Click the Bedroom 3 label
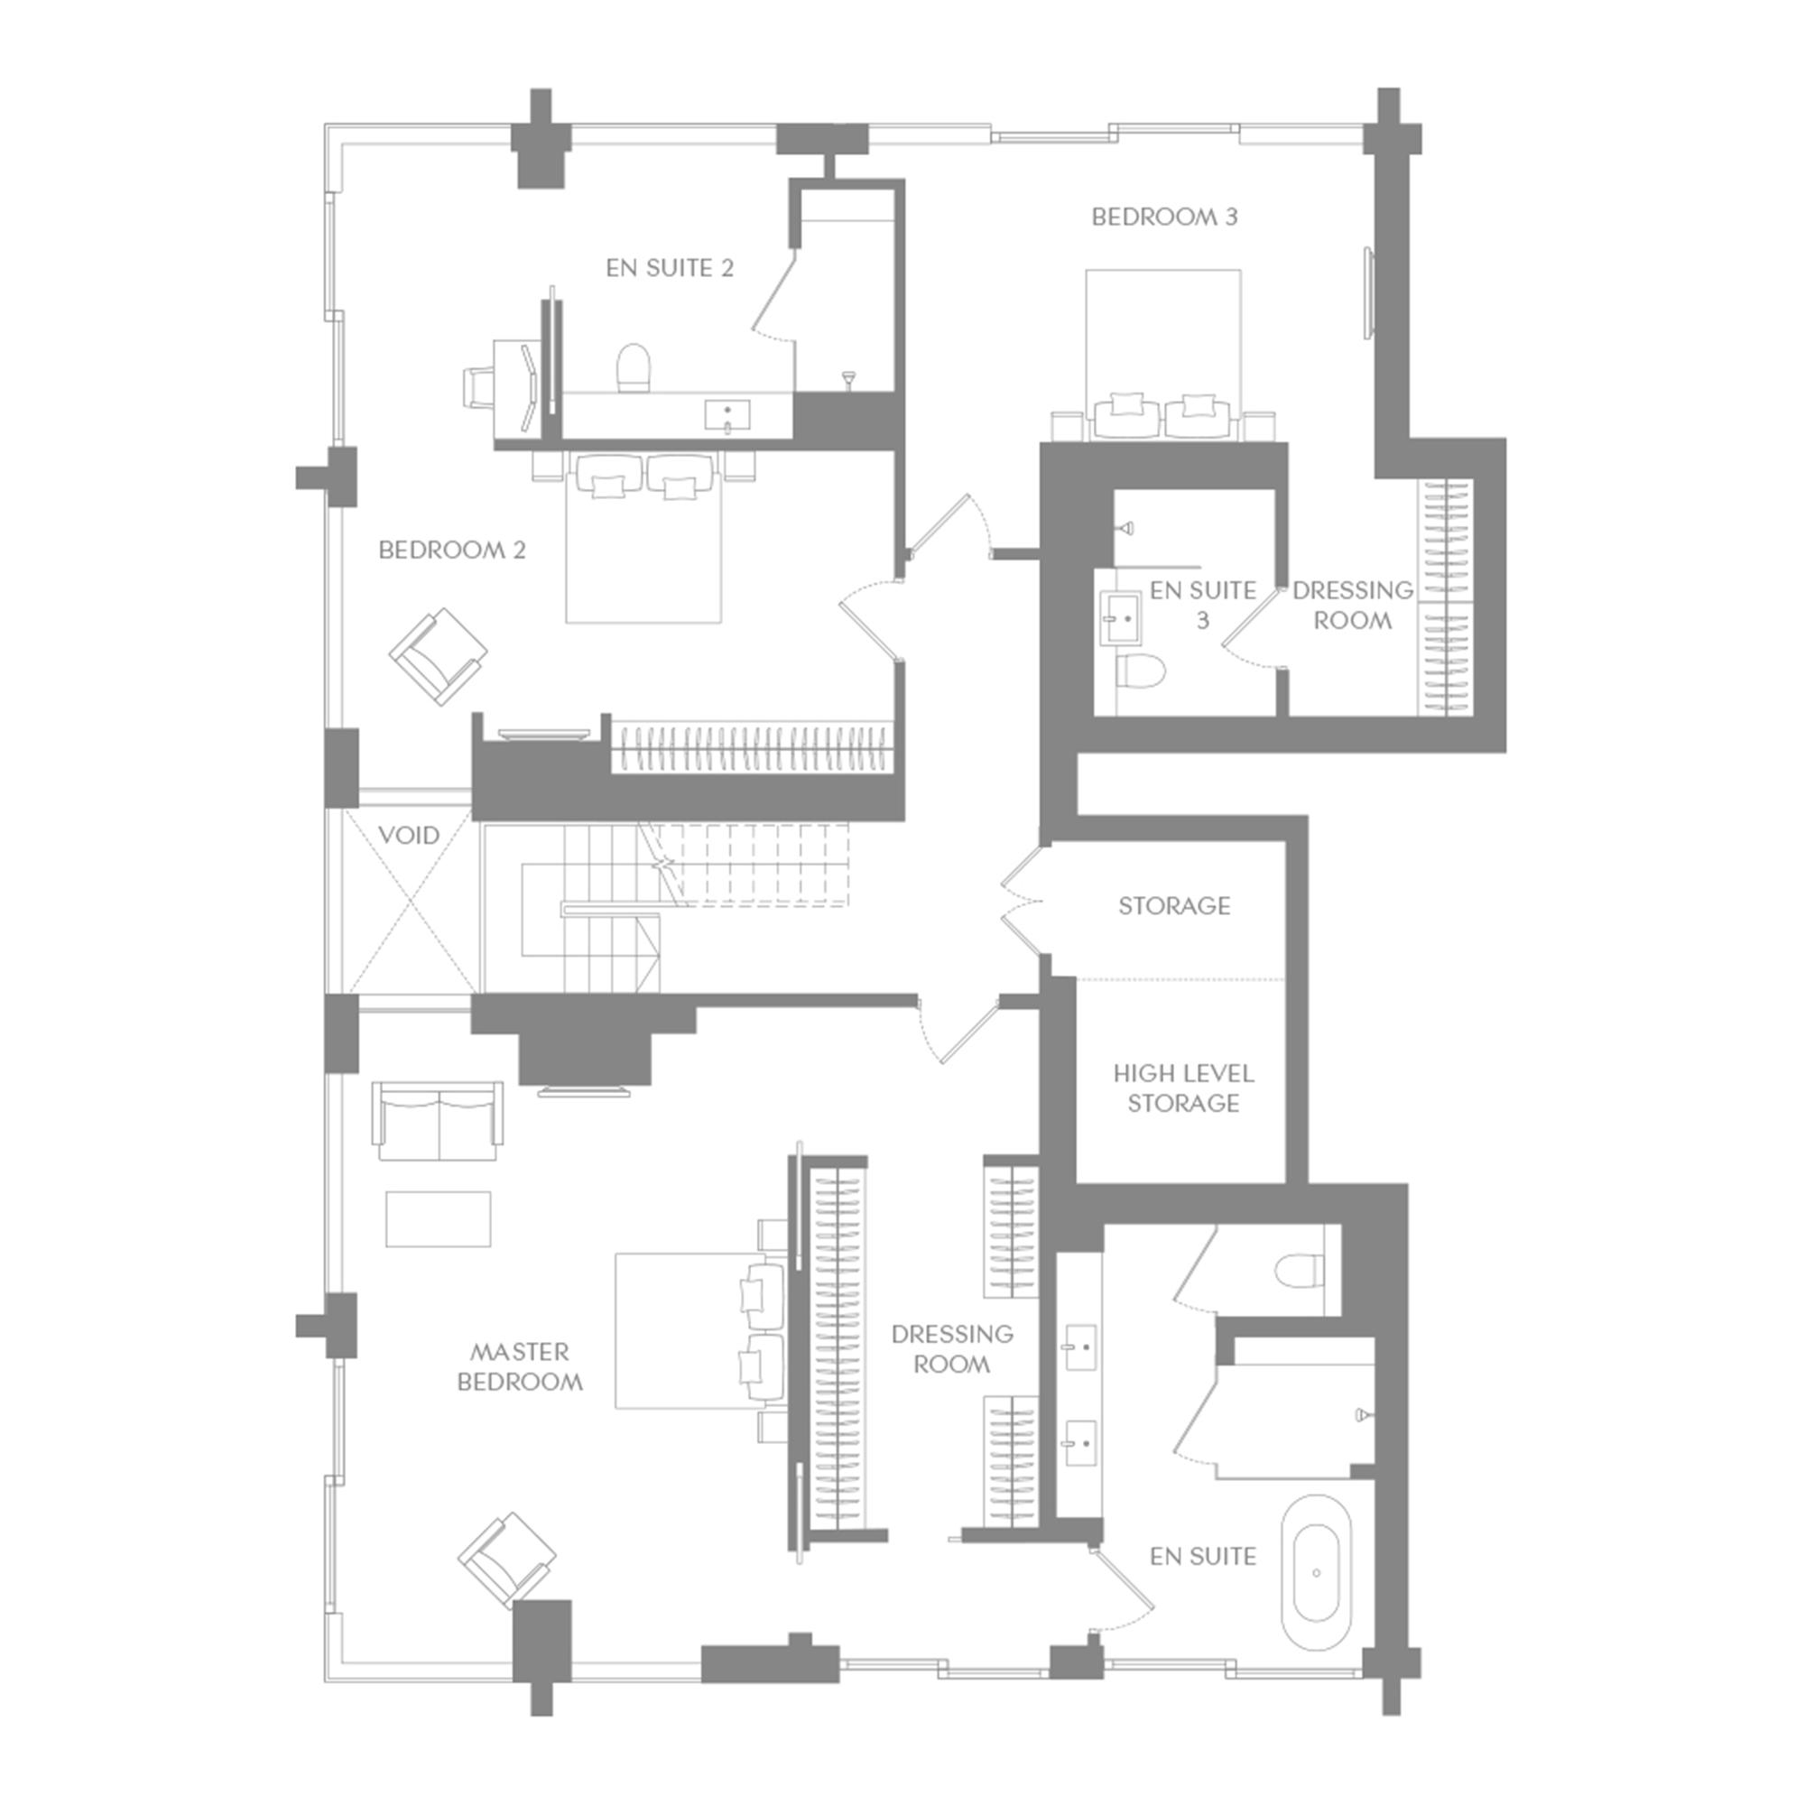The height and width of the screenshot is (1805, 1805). (x=1164, y=217)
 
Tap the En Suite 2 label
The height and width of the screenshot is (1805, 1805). (x=669, y=268)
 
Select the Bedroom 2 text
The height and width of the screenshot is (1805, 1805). (x=452, y=551)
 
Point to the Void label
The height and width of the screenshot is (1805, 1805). (x=409, y=835)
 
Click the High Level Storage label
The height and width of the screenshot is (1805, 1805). (x=1183, y=1088)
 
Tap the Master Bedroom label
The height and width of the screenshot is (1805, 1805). (x=520, y=1366)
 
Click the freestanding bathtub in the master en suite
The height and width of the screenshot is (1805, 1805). (x=1316, y=1573)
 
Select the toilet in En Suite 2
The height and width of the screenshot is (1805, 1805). (x=634, y=366)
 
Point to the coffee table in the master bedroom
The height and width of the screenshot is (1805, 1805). (x=439, y=1218)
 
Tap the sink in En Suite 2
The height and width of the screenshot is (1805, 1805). (x=727, y=415)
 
